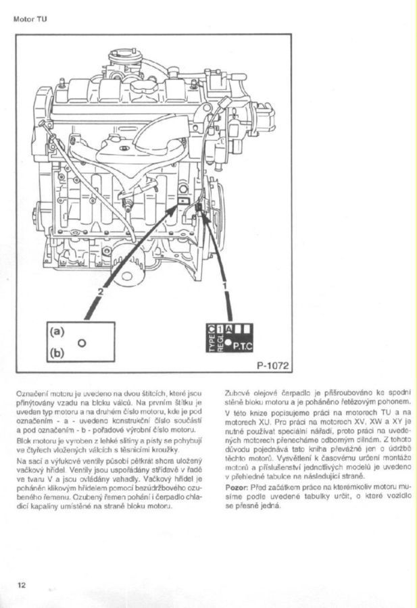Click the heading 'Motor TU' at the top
tap(30, 20)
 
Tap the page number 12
tap(22, 585)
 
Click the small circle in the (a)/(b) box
tap(82, 343)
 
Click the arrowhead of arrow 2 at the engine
tap(180, 206)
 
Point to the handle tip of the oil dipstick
tap(43, 124)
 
